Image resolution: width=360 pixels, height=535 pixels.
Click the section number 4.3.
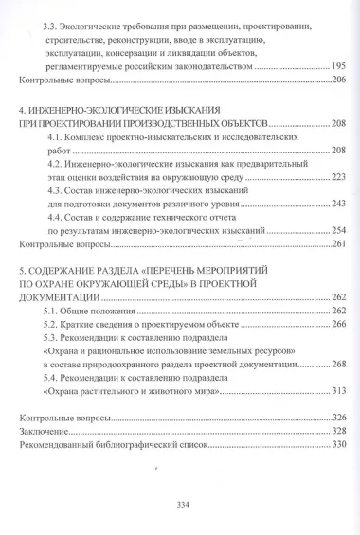pos(56,189)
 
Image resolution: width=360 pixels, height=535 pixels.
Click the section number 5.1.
pos(56,311)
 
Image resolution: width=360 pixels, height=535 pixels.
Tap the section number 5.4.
pos(56,377)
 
